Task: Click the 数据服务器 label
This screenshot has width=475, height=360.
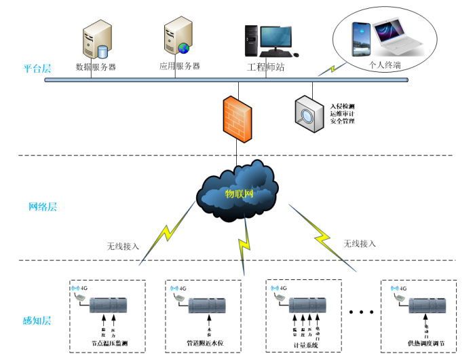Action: pos(96,67)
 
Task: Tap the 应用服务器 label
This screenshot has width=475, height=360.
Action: pos(179,66)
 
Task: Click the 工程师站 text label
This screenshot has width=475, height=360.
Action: pos(265,67)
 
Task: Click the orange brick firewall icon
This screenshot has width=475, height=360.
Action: pos(237,118)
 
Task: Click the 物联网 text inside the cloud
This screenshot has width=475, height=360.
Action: pos(239,194)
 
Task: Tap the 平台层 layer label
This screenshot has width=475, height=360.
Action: pos(37,68)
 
